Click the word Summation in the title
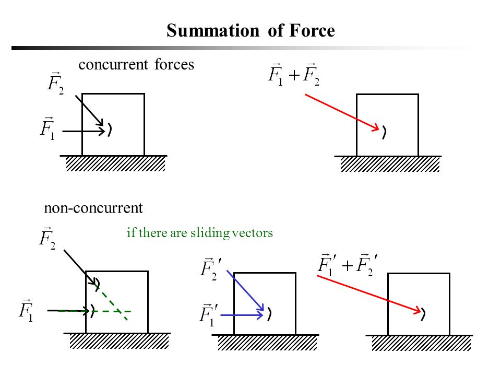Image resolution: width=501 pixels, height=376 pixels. coord(213,31)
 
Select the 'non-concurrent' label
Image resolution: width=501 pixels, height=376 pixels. coord(93,208)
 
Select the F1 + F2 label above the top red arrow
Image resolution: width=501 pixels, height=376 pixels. coord(293,74)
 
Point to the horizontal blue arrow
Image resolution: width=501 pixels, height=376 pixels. coord(240,315)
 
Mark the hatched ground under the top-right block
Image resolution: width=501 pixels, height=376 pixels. coord(390,164)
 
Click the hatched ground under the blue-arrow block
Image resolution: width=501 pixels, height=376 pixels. coord(267,343)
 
